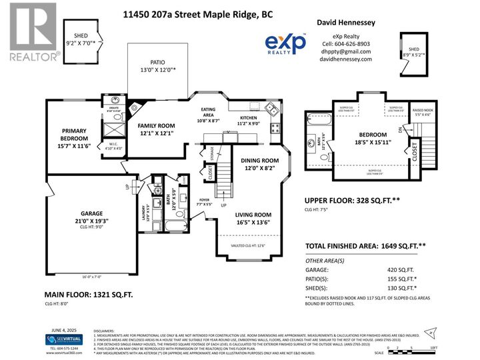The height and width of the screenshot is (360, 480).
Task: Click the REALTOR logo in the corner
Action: pos(31,33)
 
